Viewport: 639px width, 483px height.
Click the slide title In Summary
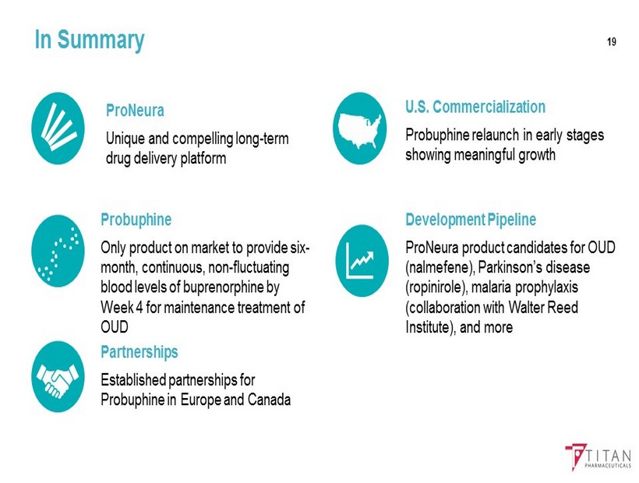coord(90,40)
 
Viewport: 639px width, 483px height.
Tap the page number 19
coord(611,42)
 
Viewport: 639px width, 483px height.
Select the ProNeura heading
coord(135,111)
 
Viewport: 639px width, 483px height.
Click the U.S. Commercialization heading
coord(475,107)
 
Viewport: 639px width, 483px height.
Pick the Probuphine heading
coord(136,220)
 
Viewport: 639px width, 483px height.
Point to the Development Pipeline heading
coord(471,220)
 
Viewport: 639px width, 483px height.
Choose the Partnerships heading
coord(139,352)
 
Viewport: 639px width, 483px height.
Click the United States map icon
coord(359,129)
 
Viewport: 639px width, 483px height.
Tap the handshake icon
coord(58,376)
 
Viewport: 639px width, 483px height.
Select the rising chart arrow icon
coord(362,261)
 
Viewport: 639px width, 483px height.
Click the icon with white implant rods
coord(58,129)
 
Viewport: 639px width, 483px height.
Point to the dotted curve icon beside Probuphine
coord(58,251)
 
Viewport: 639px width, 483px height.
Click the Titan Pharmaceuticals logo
coord(598,457)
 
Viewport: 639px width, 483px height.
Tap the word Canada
coord(269,400)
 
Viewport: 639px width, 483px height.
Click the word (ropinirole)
coord(436,287)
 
